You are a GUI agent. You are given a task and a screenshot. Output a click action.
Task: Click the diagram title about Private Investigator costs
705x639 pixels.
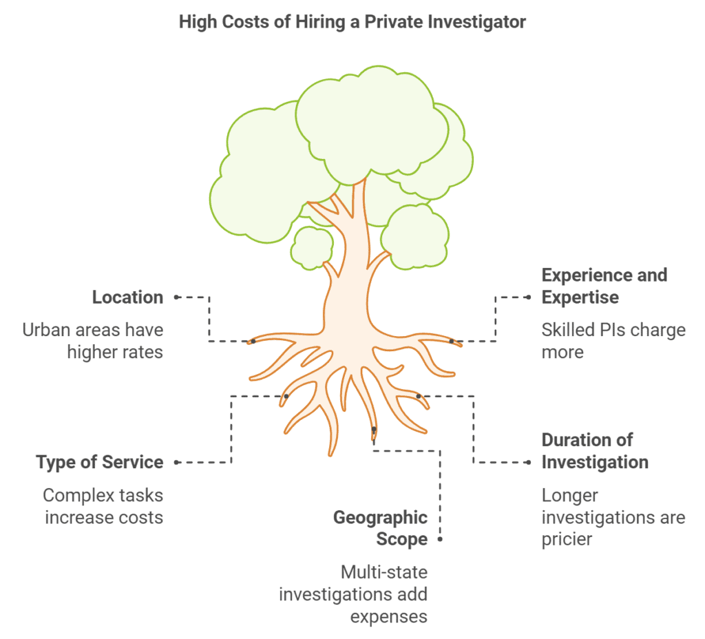pos(352,22)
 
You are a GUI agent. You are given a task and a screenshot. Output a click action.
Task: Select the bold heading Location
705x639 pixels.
pos(127,297)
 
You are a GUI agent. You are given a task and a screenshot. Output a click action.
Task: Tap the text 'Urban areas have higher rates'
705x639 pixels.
pos(93,341)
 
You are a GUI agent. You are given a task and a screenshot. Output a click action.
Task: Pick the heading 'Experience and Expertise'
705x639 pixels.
pos(604,286)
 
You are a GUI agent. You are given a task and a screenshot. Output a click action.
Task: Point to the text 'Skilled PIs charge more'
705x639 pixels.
pos(613,341)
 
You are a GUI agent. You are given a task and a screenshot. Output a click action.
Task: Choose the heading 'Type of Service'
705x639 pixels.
pos(99,462)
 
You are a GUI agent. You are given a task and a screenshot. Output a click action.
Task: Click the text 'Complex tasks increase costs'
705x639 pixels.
pos(103,506)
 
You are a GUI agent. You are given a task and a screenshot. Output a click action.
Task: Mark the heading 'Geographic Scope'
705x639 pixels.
pos(381,528)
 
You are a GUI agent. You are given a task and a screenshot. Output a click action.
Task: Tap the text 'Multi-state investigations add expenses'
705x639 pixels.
pos(352,594)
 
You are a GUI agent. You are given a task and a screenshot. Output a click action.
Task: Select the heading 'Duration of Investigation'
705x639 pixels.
pos(595,451)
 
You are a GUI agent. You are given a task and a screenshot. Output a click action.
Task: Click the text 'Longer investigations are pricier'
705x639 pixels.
pos(613,516)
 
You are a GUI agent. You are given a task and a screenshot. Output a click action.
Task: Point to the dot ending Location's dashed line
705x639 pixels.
pos(177,297)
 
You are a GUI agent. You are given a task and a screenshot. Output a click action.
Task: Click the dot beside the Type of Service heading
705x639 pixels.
pos(177,463)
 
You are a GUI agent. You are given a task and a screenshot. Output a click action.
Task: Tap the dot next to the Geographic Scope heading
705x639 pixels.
pos(439,539)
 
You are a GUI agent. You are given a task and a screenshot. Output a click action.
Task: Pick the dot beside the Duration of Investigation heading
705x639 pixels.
pos(529,463)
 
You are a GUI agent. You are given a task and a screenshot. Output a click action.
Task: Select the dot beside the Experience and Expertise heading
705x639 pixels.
pos(529,297)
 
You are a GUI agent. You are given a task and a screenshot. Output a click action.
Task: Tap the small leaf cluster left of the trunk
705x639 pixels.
pos(312,247)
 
